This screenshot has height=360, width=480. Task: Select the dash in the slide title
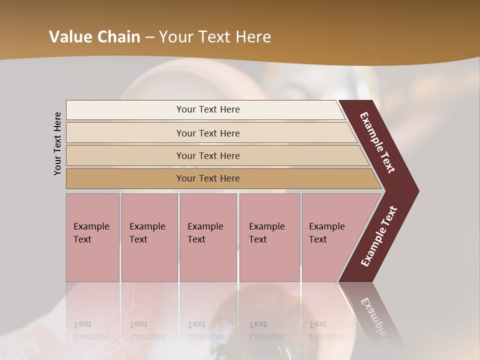click(x=149, y=37)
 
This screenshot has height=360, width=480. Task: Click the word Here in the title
click(x=253, y=37)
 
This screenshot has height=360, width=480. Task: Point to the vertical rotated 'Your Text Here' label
click(x=57, y=143)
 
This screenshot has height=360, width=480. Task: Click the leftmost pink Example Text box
click(x=92, y=237)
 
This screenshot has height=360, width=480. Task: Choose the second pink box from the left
click(x=149, y=237)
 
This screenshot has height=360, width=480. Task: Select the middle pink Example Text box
click(x=208, y=237)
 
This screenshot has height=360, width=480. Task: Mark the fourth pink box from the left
click(x=269, y=237)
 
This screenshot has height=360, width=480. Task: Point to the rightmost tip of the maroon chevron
click(x=417, y=191)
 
